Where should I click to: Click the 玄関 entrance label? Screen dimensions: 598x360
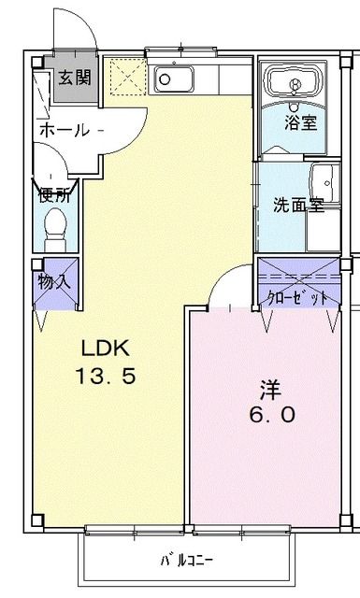(75, 78)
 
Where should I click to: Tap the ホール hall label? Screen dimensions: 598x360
(63, 131)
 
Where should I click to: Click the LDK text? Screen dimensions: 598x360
(101, 349)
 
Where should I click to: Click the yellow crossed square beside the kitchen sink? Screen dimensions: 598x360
(123, 74)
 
